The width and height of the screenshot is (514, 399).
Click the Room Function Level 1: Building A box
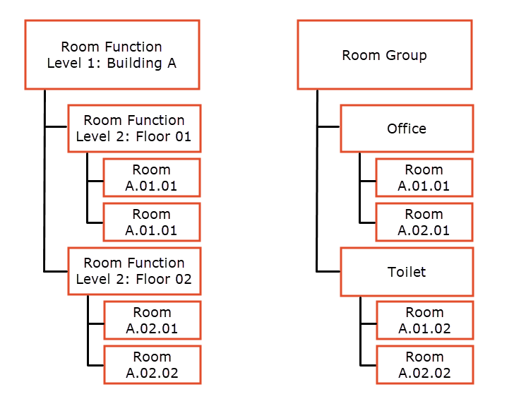(x=112, y=55)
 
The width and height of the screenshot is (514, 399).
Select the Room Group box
(x=384, y=55)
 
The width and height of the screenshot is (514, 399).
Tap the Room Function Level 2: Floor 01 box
(x=134, y=129)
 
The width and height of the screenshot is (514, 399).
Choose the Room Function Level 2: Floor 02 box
(x=134, y=271)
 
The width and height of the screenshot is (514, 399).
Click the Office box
(x=407, y=129)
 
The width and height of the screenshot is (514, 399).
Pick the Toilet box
(x=407, y=271)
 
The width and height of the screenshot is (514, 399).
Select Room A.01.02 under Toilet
(x=424, y=321)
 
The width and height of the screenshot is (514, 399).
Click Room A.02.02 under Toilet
(x=424, y=365)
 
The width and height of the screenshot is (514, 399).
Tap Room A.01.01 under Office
(x=424, y=178)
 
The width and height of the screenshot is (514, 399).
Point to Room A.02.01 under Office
(x=424, y=222)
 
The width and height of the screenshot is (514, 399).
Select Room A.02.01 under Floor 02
(x=152, y=321)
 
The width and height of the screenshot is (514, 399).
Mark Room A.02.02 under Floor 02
(x=152, y=365)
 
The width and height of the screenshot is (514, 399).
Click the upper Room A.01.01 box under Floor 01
(x=152, y=178)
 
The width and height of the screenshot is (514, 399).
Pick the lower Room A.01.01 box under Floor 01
(x=152, y=222)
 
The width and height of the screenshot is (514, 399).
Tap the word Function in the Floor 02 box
(x=154, y=263)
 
